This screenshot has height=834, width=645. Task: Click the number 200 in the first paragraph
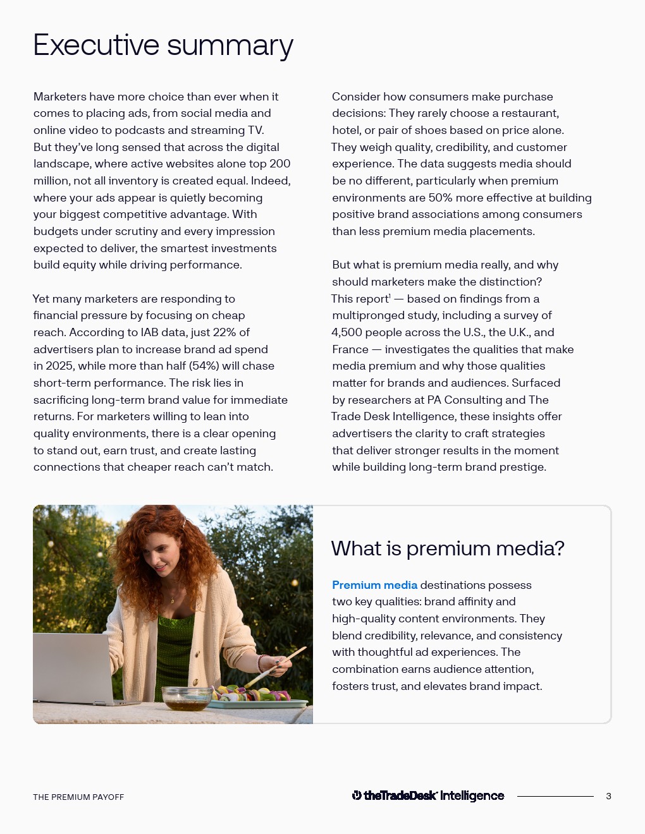[280, 164]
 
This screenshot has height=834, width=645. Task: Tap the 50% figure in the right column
[440, 198]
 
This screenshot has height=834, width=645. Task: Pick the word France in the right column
[350, 349]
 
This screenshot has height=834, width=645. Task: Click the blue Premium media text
[374, 585]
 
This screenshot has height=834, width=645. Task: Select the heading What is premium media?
[447, 548]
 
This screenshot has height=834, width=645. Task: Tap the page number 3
[608, 796]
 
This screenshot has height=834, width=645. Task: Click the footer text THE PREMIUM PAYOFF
[78, 797]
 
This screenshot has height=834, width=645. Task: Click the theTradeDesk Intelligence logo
[428, 796]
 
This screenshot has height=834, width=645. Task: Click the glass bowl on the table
[187, 698]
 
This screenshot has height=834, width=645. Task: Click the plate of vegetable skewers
[259, 698]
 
